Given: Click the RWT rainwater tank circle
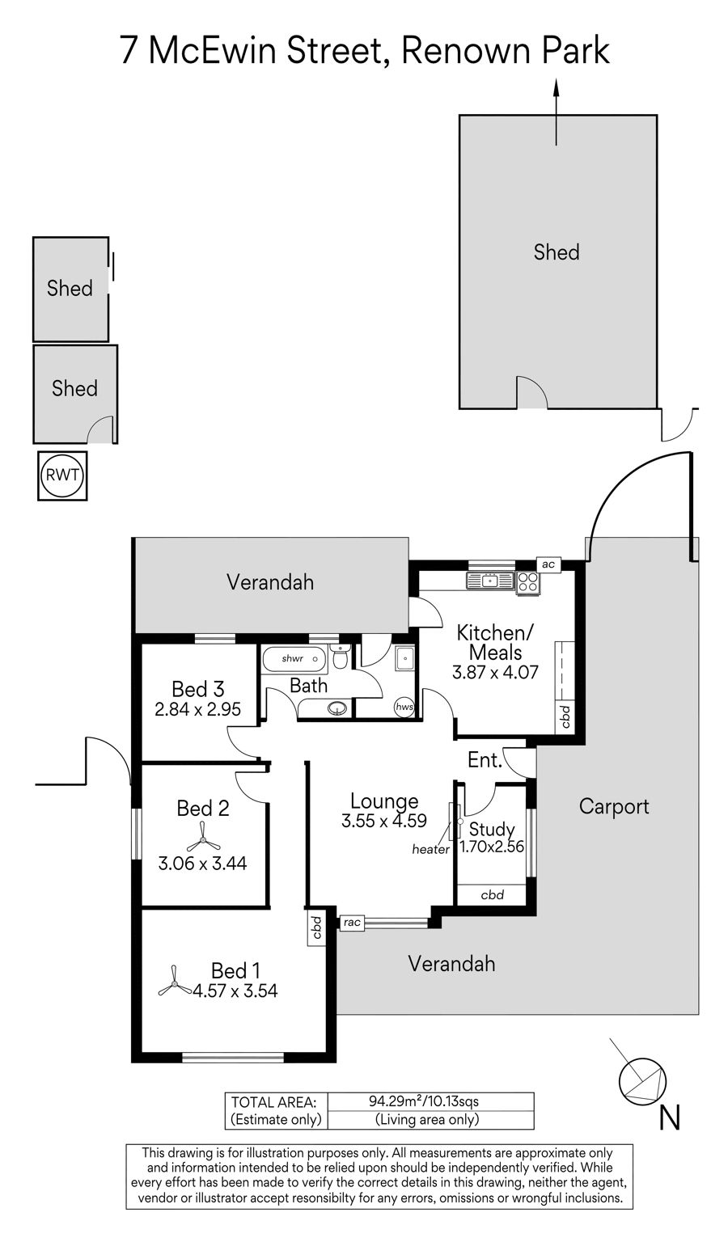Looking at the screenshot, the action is [x=62, y=475].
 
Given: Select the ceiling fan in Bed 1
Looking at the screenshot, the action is [x=175, y=980].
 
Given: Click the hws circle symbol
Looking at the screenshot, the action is [x=404, y=707].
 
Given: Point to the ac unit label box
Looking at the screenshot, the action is [x=548, y=564].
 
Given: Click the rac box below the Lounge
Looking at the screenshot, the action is [x=352, y=922].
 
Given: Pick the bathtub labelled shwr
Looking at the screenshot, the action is [x=294, y=659].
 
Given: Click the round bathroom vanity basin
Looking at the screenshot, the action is [x=336, y=708].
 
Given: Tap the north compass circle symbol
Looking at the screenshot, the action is [x=641, y=1080].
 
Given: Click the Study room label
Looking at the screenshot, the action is [x=492, y=829].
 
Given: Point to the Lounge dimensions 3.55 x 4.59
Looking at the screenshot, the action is [x=384, y=821].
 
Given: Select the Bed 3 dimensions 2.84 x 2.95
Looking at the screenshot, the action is [x=198, y=709].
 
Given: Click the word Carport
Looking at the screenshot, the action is [x=614, y=807].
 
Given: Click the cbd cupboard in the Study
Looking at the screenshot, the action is [x=492, y=895].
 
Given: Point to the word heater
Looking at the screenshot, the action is [x=430, y=850].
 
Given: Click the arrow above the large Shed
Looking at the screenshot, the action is [x=556, y=112].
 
